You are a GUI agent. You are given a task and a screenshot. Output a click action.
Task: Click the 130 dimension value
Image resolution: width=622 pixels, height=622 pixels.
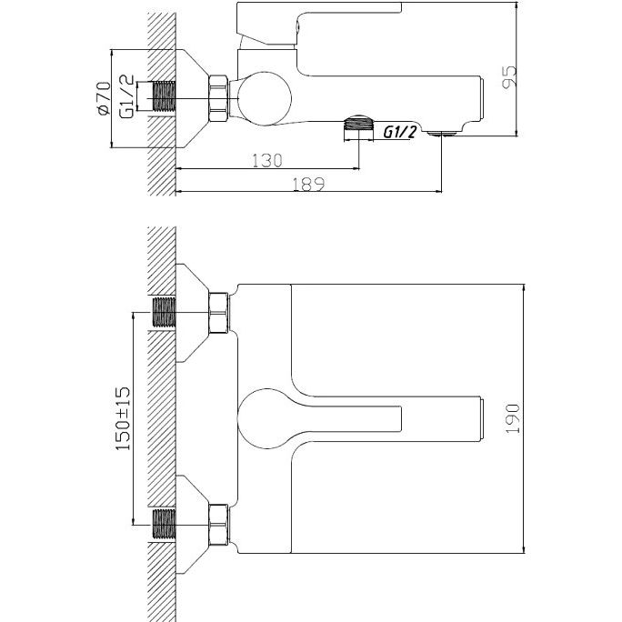pyautogui.click(x=267, y=160)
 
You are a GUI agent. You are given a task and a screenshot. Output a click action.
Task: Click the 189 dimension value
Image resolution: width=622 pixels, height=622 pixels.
pyautogui.click(x=308, y=184)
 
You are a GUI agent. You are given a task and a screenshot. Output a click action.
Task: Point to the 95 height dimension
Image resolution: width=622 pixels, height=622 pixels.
pyautogui.click(x=509, y=77)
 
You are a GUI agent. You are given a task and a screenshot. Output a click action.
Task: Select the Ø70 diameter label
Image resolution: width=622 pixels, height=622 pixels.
pyautogui.click(x=104, y=98)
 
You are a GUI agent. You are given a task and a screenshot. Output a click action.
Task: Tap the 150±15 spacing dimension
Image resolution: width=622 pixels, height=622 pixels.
pyautogui.click(x=123, y=418)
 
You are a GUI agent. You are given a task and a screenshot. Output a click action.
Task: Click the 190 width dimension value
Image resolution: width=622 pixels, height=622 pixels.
pyautogui.click(x=512, y=418)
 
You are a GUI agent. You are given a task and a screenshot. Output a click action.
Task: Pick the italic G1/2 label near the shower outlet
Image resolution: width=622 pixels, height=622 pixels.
pyautogui.click(x=399, y=132)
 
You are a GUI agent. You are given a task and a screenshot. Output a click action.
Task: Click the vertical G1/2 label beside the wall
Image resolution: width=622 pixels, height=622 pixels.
pyautogui.click(x=127, y=96)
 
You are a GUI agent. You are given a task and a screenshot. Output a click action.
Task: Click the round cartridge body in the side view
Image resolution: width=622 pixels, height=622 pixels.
pyautogui.click(x=265, y=98)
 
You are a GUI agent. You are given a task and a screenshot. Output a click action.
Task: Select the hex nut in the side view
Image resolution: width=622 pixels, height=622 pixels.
pyautogui.click(x=218, y=98)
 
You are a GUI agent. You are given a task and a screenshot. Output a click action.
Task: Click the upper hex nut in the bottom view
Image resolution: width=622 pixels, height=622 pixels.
pyautogui.click(x=218, y=312)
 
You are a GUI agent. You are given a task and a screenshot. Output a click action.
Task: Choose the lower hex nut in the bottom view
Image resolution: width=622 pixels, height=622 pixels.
pyautogui.click(x=218, y=525)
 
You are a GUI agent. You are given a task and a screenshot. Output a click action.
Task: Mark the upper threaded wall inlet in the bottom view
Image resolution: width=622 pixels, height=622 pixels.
pyautogui.click(x=164, y=312)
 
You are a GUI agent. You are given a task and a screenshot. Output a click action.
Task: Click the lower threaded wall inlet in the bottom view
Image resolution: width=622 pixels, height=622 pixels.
pyautogui.click(x=164, y=524)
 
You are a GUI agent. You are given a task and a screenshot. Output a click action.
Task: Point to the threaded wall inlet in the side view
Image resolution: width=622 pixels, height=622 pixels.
pyautogui.click(x=164, y=96)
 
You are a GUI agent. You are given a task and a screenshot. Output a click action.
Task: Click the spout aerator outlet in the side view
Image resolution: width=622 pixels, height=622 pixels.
pyautogui.click(x=442, y=135)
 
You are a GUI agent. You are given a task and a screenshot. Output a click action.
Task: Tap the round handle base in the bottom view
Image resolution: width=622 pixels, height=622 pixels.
pyautogui.click(x=265, y=418)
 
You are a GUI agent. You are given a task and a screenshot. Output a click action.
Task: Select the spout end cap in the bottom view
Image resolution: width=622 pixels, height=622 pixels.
pyautogui.click(x=483, y=418)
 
